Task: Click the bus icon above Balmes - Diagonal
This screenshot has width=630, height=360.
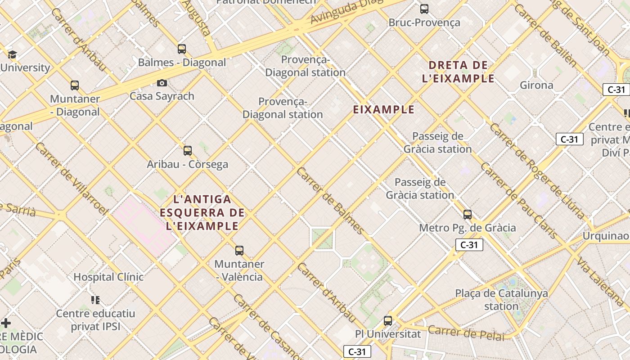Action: pos(182,49)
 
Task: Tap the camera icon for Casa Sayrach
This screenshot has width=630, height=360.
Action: pos(162,83)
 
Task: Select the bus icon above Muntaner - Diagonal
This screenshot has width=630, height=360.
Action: pos(75,85)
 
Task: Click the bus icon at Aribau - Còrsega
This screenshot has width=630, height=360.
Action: pos(188,151)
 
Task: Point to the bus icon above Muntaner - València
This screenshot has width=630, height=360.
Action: pos(239,251)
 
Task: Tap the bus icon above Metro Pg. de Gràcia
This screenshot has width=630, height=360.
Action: pos(468,215)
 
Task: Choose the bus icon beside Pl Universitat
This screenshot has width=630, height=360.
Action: pos(388,321)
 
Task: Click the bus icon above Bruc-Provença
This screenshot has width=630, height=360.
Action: pos(424,9)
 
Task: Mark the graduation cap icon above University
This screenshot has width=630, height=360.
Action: pos(12,55)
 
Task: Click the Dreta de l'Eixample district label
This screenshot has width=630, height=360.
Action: pos(458,72)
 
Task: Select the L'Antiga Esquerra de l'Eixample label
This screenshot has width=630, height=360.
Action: pos(202,212)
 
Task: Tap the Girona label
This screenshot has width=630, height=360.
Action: pos(536,85)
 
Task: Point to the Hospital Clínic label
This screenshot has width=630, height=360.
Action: pos(108,277)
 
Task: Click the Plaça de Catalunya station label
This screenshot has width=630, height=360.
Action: pos(501,300)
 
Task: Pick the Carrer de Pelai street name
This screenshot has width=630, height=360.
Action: pos(466,333)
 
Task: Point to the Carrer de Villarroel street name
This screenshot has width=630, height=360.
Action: pos(72,179)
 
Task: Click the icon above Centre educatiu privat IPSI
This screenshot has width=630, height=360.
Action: pos(95,300)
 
